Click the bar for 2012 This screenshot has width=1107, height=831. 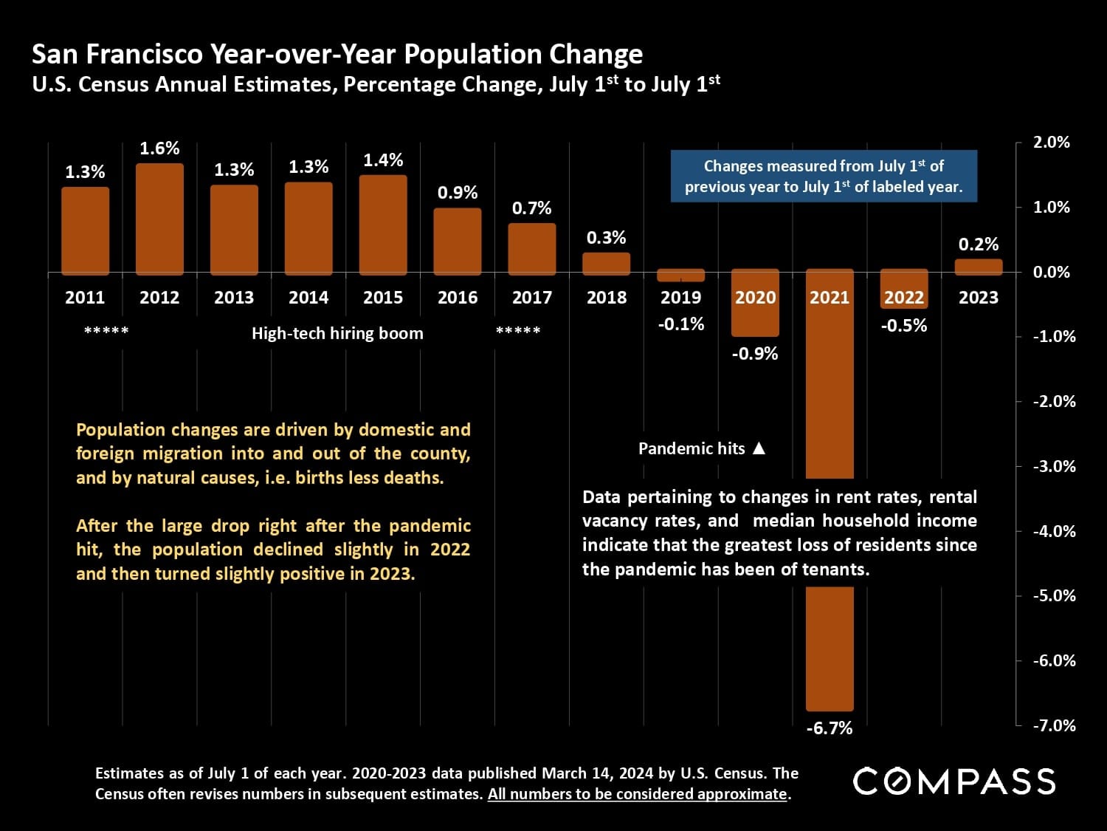pos(159,219)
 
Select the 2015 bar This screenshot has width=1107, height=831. pos(383,225)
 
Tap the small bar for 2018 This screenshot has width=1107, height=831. pos(607,263)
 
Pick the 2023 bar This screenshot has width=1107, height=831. pos(979,267)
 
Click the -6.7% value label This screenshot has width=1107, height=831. pos(830,728)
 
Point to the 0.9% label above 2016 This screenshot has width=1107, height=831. pos(458,193)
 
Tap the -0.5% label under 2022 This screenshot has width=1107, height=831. pos(904,326)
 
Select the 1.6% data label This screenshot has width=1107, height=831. pos(159,148)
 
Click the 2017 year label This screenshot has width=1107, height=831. pos(532,298)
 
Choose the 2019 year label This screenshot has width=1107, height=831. pos(680,298)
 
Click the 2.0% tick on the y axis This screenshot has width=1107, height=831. pos(1052,143)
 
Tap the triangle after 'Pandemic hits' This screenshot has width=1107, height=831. pos(759,448)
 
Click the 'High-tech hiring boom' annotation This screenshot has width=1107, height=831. pos(337,333)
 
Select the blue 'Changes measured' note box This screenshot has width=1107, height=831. pos(824,177)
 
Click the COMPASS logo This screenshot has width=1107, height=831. pos(954,782)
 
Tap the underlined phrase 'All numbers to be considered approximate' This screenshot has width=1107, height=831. pos(638,794)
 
